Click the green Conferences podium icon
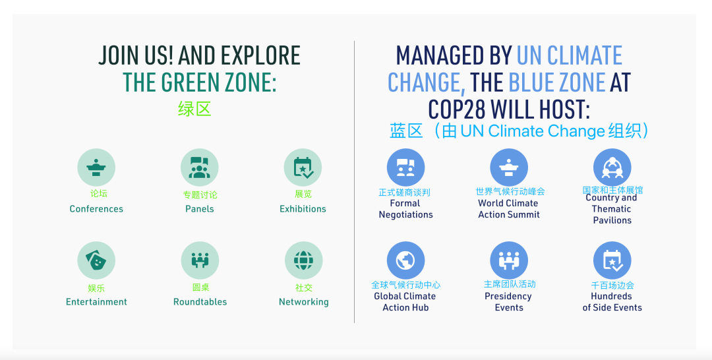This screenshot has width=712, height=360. [x=96, y=167]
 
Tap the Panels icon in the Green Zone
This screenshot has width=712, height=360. [x=199, y=167]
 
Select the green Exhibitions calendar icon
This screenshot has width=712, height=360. [x=303, y=167]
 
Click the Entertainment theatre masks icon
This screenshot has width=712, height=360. [x=96, y=260]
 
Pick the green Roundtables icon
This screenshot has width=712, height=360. [x=200, y=260]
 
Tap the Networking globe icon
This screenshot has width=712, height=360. [x=304, y=260]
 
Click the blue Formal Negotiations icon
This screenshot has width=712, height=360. [x=405, y=167]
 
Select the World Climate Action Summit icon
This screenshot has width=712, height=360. [x=509, y=167]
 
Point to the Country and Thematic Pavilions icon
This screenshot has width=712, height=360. [x=612, y=167]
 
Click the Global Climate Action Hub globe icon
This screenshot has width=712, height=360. [x=405, y=260]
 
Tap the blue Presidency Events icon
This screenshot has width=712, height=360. [x=509, y=260]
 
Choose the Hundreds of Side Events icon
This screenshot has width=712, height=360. [x=612, y=260]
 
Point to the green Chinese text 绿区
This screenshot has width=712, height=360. [x=194, y=109]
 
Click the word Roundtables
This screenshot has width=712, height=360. [x=200, y=302]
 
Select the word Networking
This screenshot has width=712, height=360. [x=304, y=302]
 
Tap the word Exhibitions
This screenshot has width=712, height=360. [x=303, y=209]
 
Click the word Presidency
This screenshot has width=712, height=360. [x=508, y=297]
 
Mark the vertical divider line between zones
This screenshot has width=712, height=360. [x=354, y=181]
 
